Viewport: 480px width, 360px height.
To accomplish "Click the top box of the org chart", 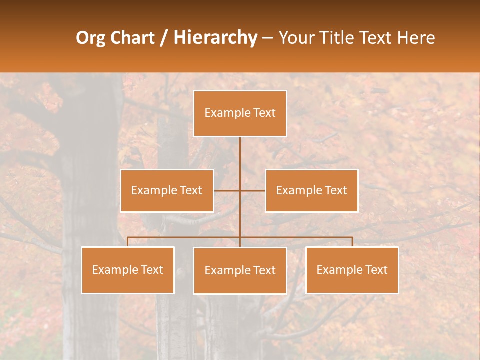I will [x=240, y=113].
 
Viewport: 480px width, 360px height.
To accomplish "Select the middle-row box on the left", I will [x=167, y=190].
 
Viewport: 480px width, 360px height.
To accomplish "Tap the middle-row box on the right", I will [x=311, y=190].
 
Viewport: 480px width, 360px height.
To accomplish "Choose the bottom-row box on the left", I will [x=128, y=270].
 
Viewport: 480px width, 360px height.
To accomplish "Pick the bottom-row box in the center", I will [x=240, y=270].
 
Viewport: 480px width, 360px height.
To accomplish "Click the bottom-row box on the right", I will [x=352, y=270].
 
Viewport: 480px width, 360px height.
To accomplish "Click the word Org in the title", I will [x=90, y=38].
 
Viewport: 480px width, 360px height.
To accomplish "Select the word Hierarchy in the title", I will [x=215, y=38].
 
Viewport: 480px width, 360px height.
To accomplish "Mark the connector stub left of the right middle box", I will [x=253, y=190].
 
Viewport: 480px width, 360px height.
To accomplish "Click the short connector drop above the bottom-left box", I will [x=128, y=242].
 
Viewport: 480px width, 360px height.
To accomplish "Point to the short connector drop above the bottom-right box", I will [x=352, y=242].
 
